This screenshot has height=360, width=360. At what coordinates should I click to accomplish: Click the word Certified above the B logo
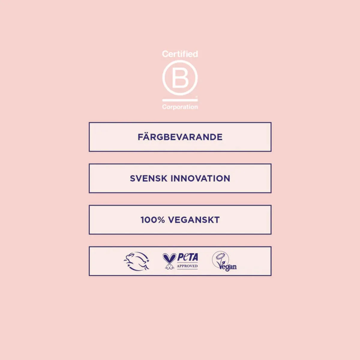(x=180, y=54)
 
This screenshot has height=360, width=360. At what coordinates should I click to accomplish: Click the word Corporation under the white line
(x=180, y=107)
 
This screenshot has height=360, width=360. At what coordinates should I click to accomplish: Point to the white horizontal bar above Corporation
(x=180, y=100)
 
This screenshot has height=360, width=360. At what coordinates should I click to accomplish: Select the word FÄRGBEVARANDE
(x=180, y=136)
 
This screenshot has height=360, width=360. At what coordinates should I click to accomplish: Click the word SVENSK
(x=148, y=178)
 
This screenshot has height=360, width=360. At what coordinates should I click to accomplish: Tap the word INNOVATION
(x=200, y=178)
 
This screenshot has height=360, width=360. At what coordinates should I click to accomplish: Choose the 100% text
(x=153, y=220)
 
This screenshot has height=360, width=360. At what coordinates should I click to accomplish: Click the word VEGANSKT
(x=194, y=220)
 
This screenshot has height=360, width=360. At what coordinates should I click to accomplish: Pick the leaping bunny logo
(x=136, y=261)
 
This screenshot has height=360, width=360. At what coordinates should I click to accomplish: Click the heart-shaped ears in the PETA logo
(x=169, y=258)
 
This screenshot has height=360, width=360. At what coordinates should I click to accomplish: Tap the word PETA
(x=187, y=257)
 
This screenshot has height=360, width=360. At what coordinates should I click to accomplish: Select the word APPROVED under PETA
(x=187, y=266)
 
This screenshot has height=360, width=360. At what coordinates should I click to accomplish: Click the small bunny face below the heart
(x=169, y=267)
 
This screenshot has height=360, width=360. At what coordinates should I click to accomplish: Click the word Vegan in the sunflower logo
(x=227, y=266)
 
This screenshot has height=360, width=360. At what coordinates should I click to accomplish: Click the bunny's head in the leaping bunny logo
(x=130, y=255)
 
